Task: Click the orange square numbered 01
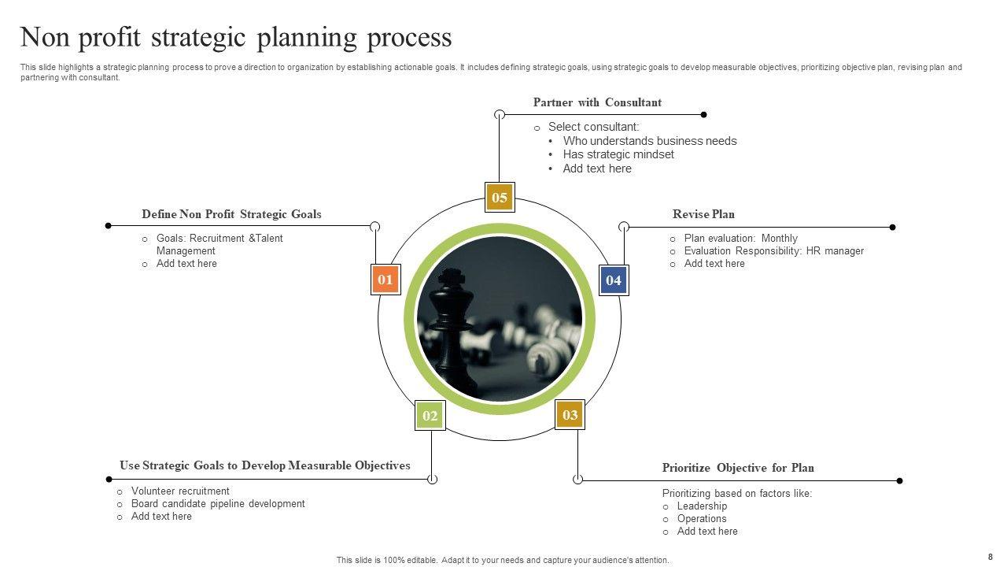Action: point(385,280)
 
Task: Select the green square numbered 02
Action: point(430,416)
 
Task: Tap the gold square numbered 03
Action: point(570,415)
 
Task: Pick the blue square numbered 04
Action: point(614,280)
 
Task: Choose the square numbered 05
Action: point(500,198)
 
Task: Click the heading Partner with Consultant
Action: point(597,102)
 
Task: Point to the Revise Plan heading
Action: point(703,214)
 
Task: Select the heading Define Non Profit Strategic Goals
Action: point(231,214)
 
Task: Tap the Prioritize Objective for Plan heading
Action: point(738,468)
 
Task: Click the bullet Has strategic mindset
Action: point(618,154)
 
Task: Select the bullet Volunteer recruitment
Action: point(180,491)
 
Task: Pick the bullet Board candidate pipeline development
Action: point(218,503)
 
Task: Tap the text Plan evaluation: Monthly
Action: point(740,238)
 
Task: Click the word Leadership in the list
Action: point(702,506)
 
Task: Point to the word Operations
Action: point(702,518)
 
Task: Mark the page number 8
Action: point(990,556)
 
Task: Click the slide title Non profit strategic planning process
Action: point(236,37)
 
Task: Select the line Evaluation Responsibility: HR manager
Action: point(773,250)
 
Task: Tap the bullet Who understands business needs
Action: point(650,141)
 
